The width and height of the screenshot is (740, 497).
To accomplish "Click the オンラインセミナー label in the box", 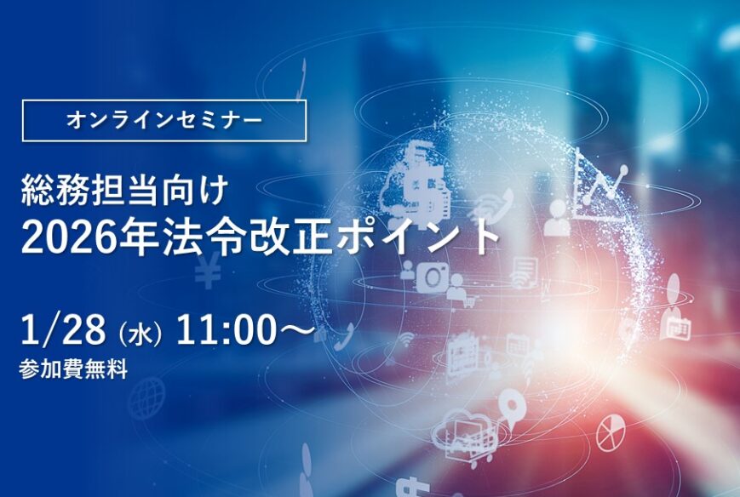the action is coord(164,121).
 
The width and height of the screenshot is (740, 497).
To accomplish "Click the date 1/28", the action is coord(63,329).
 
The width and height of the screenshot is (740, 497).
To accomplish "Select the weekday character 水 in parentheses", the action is coord(140,333).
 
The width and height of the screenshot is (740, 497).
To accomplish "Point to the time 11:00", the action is coord(226,329).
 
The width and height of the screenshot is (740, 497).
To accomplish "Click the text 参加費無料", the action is coord(73,369).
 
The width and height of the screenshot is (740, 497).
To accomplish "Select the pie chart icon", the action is coord(611,433).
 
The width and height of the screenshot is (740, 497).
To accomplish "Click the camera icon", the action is coord(432,277).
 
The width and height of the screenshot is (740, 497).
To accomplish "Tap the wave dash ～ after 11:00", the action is coord(297,329).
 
